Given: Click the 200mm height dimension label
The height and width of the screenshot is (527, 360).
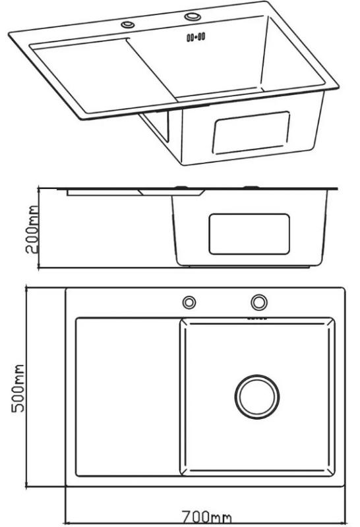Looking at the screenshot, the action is [32, 229].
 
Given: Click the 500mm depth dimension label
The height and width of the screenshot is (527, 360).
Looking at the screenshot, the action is [18, 388].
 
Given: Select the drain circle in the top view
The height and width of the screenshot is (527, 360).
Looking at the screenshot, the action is [257, 397].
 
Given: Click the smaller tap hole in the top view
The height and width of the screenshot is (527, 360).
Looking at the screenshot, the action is [189, 302].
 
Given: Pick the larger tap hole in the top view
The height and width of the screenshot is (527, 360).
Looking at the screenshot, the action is [259, 302].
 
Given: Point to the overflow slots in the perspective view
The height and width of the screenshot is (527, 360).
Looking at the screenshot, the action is [196, 37].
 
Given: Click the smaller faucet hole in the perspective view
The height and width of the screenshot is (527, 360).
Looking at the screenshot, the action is [128, 24].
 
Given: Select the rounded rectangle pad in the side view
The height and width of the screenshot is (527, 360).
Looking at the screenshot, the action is [249, 234].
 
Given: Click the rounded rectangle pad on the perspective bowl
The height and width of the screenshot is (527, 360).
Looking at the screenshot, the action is [251, 133].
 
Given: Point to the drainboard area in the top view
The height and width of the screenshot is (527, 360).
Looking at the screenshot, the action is [128, 397].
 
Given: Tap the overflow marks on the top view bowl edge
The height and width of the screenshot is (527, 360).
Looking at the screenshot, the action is [257, 318].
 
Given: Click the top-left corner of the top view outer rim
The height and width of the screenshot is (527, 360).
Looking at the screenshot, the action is [66, 288].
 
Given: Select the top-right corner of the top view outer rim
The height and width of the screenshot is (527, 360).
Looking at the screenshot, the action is [345, 288].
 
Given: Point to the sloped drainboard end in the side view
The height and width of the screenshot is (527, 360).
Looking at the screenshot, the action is [171, 192].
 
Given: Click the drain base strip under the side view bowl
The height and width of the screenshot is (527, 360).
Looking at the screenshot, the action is [249, 267].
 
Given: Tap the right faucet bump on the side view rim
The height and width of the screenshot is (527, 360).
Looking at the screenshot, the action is [251, 187].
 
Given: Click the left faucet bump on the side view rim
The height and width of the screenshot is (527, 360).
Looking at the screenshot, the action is [181, 188].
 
